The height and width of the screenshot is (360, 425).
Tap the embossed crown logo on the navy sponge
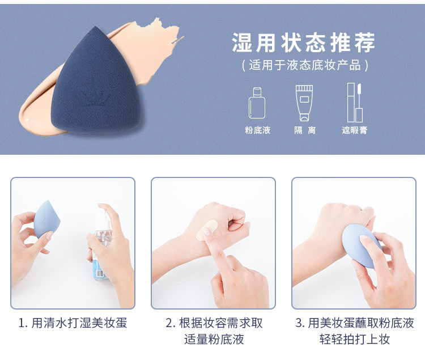coord(92,98)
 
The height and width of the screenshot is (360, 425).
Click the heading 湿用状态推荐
coord(304,43)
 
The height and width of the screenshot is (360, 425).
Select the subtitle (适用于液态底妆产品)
coord(305,65)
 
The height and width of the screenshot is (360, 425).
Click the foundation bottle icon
coord(257,103)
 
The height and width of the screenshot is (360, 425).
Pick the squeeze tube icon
coord(304,103)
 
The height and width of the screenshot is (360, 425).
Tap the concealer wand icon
coord(355,103)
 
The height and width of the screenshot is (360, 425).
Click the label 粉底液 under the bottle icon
coord(257,130)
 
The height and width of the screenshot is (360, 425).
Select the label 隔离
coord(305,130)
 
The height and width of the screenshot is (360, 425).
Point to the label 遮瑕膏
coord(355,130)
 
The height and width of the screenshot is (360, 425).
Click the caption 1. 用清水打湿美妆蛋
coord(73,323)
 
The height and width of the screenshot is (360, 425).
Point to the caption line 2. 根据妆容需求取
coord(214,323)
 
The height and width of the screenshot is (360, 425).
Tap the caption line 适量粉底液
coord(214,339)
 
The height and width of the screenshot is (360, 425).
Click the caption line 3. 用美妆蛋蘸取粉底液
coord(355,323)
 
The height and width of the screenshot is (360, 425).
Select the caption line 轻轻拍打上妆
coord(355,339)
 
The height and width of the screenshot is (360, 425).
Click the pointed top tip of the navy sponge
coord(95,26)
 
